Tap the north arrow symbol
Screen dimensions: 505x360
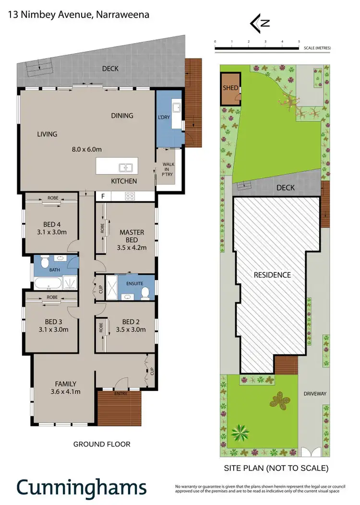258,23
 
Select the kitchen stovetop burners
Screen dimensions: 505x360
130,196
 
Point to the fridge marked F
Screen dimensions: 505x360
102,196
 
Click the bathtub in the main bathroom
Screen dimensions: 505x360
47,283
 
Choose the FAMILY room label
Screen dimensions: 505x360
66,383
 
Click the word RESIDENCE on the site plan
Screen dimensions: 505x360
272,275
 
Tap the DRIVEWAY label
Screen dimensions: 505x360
314,394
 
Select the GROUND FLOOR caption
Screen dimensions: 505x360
102,444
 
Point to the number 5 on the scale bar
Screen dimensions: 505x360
299,42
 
